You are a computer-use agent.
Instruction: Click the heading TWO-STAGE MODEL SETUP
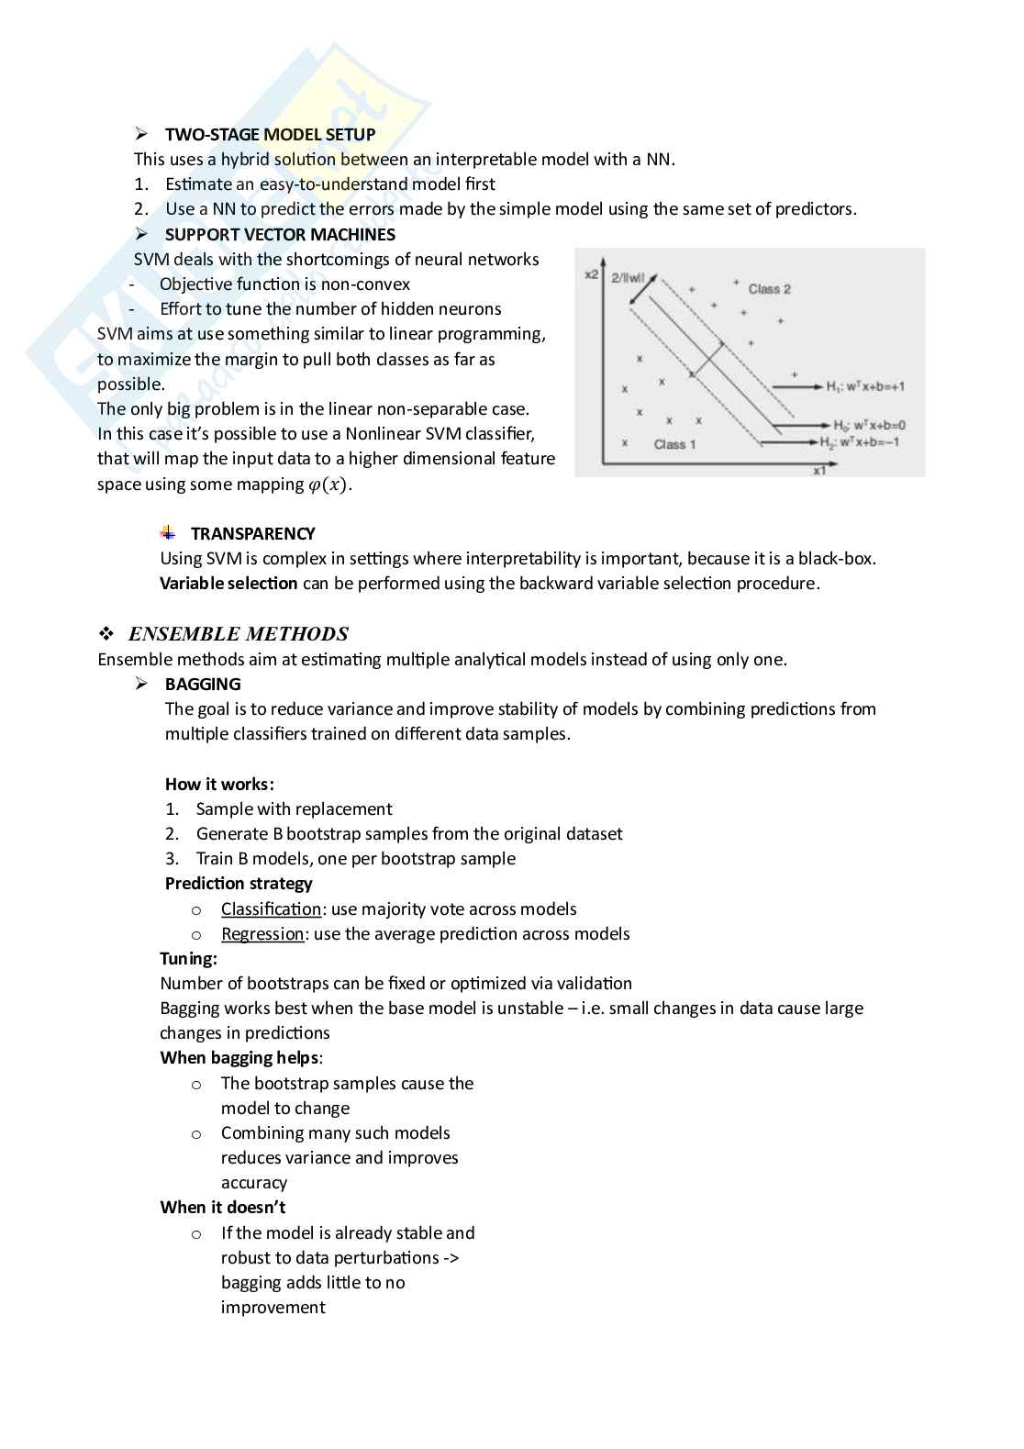click(270, 134)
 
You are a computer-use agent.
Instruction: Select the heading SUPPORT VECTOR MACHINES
click(280, 234)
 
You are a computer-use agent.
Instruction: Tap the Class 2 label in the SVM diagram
click(769, 289)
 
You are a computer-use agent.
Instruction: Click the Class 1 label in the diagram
click(674, 444)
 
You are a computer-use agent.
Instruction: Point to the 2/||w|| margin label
click(629, 276)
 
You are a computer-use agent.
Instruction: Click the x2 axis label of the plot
click(592, 274)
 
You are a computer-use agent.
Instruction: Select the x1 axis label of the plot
click(819, 470)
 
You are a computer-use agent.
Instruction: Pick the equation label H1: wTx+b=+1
click(864, 386)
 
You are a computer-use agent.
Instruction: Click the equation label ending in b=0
click(869, 425)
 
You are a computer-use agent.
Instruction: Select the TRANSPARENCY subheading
click(252, 533)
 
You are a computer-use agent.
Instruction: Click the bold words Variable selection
click(228, 583)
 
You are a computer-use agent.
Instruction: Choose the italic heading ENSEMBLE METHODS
click(238, 633)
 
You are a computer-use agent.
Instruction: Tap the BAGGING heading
click(203, 684)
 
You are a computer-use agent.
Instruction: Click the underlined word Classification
click(271, 908)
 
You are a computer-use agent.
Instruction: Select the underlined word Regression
click(262, 933)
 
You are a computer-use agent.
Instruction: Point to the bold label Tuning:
click(189, 958)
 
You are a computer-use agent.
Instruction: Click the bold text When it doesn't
click(223, 1207)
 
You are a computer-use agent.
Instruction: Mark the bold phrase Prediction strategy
click(239, 883)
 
